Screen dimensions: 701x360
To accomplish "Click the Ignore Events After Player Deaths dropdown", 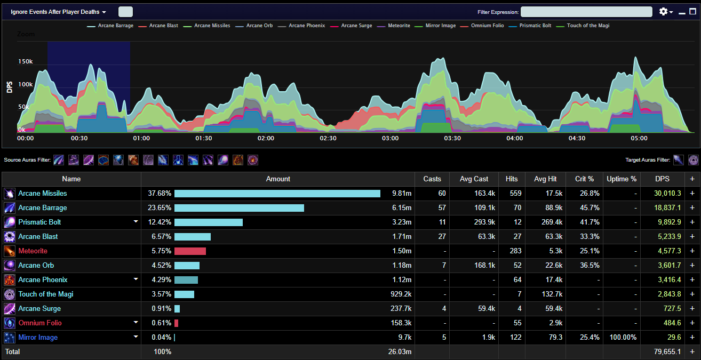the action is coord(59,12).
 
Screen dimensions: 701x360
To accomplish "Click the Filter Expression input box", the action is coord(586,12).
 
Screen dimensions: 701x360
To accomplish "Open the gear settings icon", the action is coord(663,12).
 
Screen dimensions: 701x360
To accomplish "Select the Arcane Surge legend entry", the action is coord(351,26).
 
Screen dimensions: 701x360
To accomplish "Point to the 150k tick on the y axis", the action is coord(26,62).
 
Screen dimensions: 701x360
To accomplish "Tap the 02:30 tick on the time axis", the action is coord(328,138).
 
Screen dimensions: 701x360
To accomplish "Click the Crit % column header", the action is coord(584,179).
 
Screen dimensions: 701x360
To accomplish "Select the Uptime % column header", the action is coord(622,179).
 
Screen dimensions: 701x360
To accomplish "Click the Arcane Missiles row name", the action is coord(43,193).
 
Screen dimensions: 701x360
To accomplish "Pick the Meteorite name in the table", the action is coord(33,251).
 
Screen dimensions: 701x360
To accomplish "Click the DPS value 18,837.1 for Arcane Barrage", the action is coord(667,207).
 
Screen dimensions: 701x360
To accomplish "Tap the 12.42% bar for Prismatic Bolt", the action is coord(209,222).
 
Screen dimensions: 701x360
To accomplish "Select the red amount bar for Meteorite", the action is coord(190,251).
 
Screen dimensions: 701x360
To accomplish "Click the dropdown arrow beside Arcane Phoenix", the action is coord(136,279).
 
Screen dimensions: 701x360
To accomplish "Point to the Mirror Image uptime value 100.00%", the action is coord(623,337).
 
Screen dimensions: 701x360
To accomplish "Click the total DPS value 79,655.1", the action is coord(667,351).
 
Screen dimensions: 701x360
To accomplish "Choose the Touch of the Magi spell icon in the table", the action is coord(10,294).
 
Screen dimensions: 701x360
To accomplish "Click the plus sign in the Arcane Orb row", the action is coord(692,265).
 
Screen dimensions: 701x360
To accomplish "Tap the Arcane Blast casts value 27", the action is coord(442,236).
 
